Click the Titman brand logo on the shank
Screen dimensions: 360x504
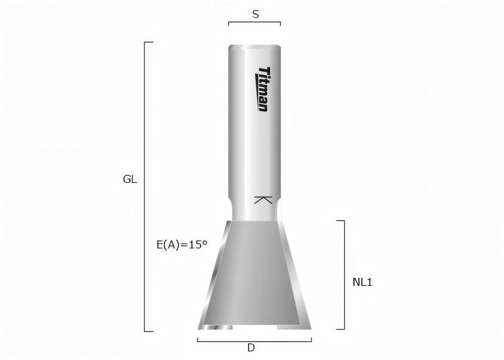pos(263,89)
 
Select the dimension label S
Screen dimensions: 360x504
pos(256,15)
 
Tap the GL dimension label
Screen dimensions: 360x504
pos(130,179)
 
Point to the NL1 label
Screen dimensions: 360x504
pos(362,282)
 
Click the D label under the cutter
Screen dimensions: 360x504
pos(251,348)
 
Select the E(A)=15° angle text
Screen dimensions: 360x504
pos(182,245)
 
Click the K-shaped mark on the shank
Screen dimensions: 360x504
pos(263,200)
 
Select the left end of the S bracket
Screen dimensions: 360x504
pos(229,23)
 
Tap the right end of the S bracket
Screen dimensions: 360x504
pos(280,23)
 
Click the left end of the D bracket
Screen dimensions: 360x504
pos(198,340)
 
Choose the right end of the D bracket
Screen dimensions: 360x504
pos(311,340)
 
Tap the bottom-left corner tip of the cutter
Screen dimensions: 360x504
pos(200,328)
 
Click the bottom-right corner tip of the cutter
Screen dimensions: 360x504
pos(310,328)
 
